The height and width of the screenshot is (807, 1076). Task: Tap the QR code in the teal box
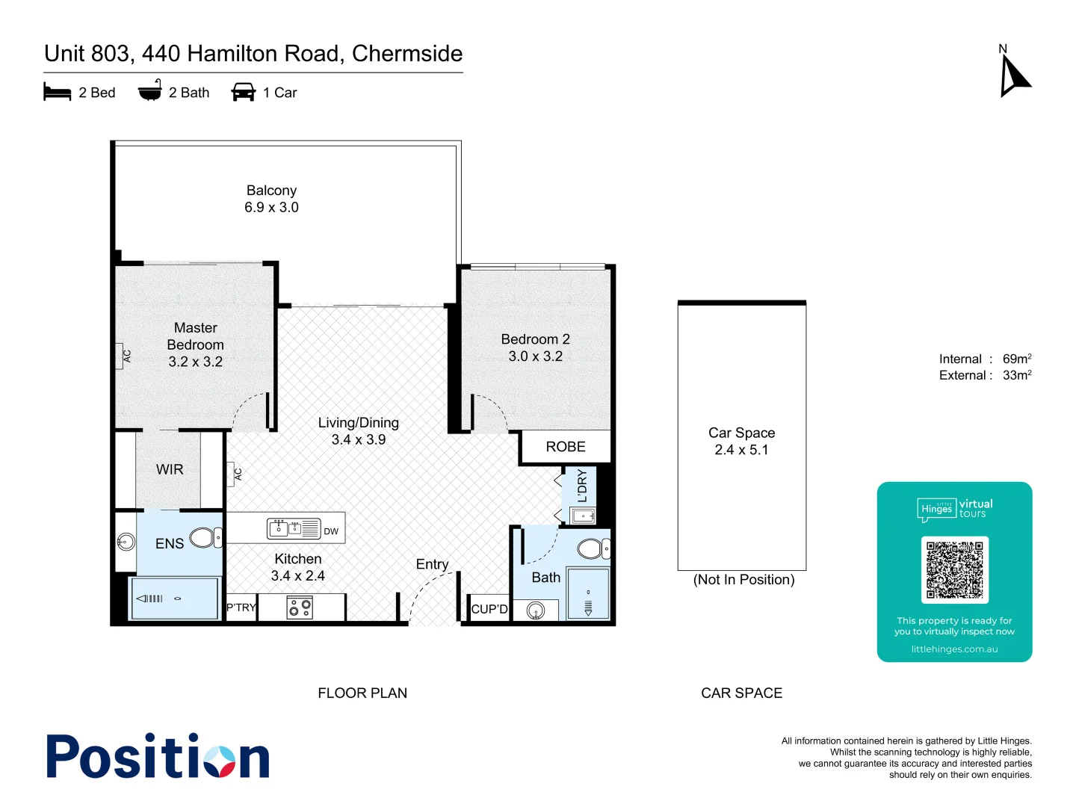pos(954,569)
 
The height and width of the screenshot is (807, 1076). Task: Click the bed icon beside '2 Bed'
pos(58,92)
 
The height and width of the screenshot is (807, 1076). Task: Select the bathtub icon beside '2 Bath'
pos(149,91)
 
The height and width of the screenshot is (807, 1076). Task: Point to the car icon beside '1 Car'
pos(244,92)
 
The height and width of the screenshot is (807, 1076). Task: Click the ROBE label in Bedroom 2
pos(566,447)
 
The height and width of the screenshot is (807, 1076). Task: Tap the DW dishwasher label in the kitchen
pos(331,531)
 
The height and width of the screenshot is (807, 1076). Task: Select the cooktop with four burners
pos(300,607)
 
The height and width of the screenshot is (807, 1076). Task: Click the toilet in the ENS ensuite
pos(204,537)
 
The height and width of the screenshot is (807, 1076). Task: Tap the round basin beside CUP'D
pos(536,611)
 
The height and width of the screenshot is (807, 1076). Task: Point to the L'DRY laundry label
pos(582,486)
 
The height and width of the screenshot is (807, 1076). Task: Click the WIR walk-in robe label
pos(170,469)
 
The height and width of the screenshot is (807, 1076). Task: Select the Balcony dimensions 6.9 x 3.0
pos(271,208)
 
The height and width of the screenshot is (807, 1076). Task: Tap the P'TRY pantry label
pos(241,607)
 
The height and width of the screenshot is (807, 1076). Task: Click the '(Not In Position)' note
pos(743,580)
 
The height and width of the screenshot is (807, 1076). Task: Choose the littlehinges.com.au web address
pos(954,649)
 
